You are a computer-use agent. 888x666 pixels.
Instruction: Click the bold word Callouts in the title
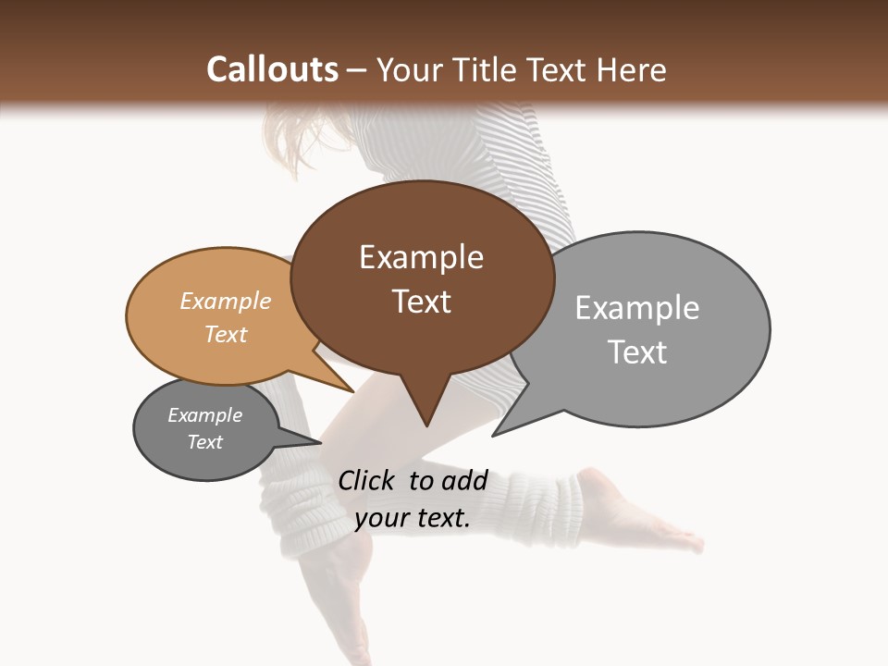(x=272, y=69)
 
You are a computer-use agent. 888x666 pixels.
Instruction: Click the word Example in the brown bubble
(x=421, y=257)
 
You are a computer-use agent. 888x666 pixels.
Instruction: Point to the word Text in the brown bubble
(x=421, y=302)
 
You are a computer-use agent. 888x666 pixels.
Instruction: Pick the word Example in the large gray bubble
(x=637, y=308)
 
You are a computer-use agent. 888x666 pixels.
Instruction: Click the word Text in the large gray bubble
(x=637, y=352)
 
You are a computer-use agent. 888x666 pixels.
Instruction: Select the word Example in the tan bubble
(x=226, y=301)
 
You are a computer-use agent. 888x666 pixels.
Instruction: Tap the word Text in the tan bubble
(x=226, y=334)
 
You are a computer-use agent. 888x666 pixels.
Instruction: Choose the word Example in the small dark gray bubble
(x=204, y=415)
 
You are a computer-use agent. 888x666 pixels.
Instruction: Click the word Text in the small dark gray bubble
(x=204, y=442)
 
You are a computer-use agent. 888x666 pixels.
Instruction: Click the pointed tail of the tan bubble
(x=351, y=389)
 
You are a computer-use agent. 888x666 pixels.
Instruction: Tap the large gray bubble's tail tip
(x=496, y=433)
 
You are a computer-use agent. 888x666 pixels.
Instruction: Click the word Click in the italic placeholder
(x=368, y=480)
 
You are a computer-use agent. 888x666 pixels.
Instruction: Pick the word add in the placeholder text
(x=465, y=480)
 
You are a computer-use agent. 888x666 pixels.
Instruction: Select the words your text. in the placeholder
(x=413, y=518)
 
